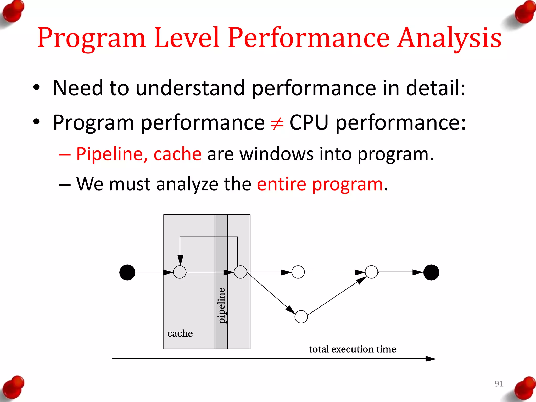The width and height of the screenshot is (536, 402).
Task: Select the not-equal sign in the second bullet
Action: click(x=277, y=123)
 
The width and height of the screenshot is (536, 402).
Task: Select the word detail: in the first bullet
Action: click(x=435, y=88)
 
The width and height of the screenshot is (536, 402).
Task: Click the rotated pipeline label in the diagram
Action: click(x=221, y=305)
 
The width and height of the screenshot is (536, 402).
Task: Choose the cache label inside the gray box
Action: click(x=180, y=333)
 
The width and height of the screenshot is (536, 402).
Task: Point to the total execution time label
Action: click(x=353, y=349)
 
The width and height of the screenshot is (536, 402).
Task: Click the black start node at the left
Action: click(x=127, y=272)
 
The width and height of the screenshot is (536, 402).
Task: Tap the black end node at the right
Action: click(x=431, y=272)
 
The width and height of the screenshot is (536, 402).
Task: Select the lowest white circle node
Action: click(x=301, y=317)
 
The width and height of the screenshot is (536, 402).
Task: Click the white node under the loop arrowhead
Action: click(x=180, y=272)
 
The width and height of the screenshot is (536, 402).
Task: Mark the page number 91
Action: click(x=499, y=384)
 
